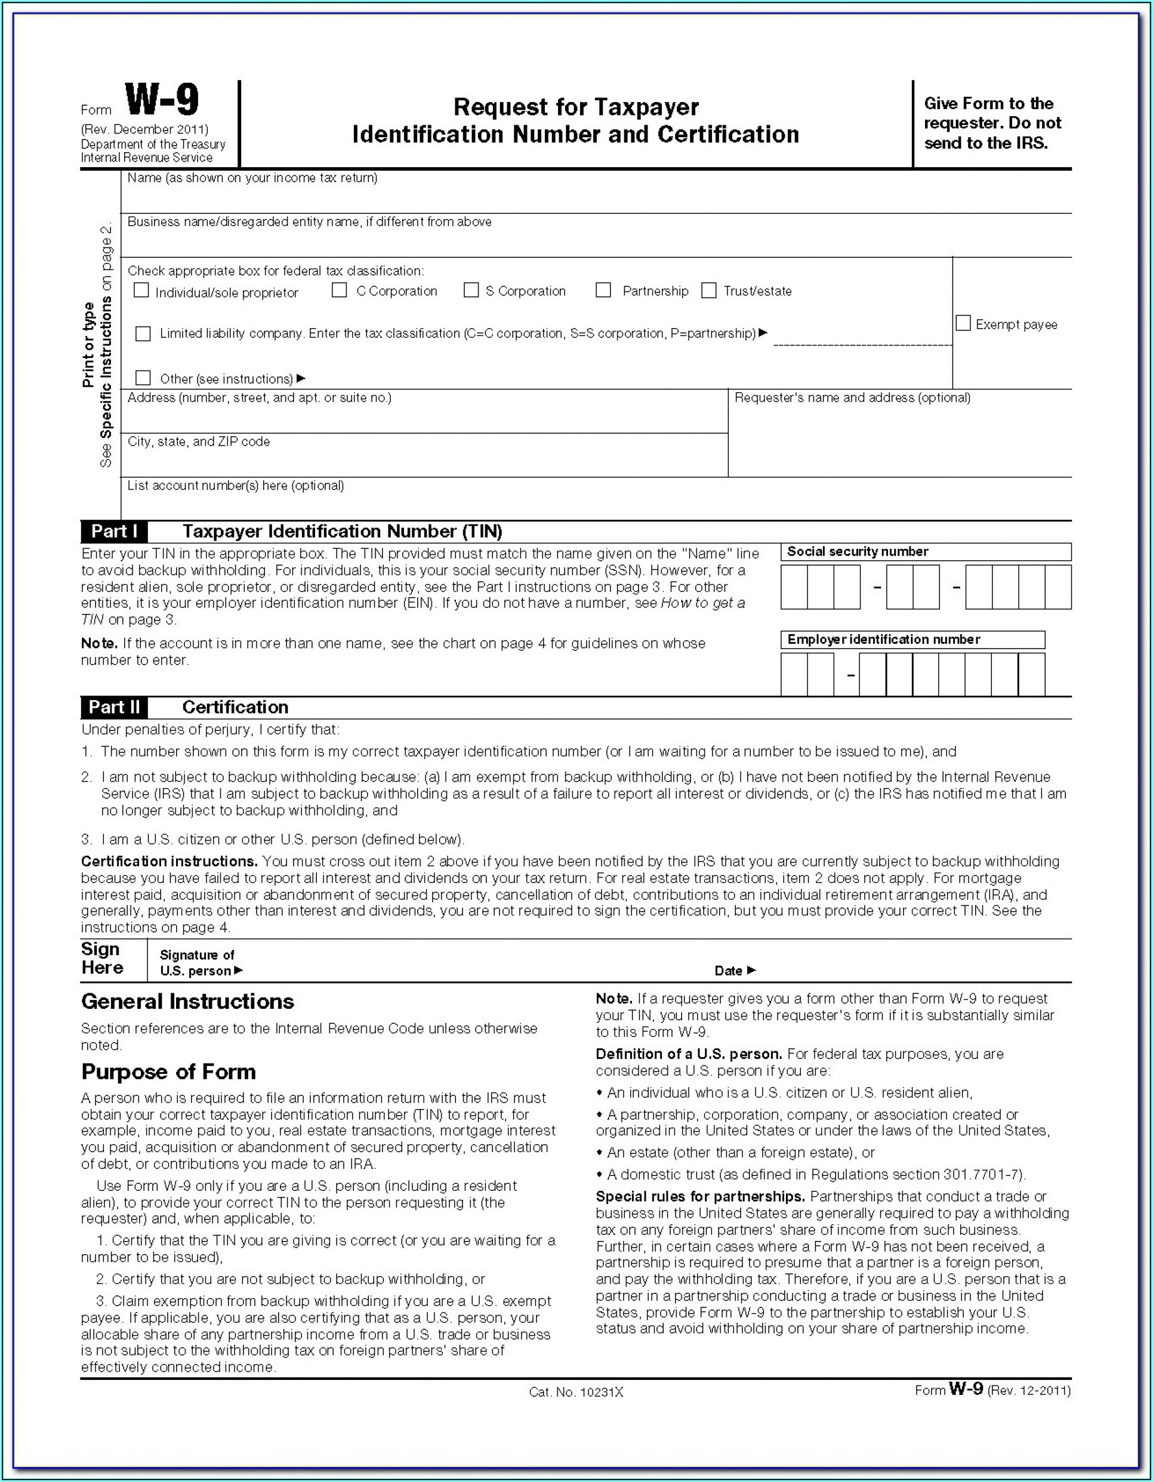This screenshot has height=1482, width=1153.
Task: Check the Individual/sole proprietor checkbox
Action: pos(141,291)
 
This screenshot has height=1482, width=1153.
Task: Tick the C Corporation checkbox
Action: pos(340,291)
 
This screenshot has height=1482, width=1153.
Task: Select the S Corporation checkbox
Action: pos(471,291)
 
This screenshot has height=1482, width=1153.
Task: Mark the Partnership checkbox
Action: pos(603,291)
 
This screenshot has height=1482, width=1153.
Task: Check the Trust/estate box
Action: pos(708,291)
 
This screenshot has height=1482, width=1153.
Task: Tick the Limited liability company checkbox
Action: pos(143,334)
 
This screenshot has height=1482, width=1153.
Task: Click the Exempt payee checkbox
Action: pos(963,324)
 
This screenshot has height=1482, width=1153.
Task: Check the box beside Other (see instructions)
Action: pos(143,378)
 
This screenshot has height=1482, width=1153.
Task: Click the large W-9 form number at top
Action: pos(162,100)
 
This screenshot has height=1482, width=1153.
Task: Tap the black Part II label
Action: pos(114,707)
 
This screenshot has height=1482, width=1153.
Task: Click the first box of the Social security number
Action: pos(794,587)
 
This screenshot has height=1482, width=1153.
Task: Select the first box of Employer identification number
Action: pos(794,675)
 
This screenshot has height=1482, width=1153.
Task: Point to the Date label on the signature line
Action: pos(729,971)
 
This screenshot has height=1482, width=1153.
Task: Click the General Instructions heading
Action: pos(187,1002)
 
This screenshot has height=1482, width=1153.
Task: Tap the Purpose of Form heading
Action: pos(168,1072)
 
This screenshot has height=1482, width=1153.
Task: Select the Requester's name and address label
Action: pos(852,397)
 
